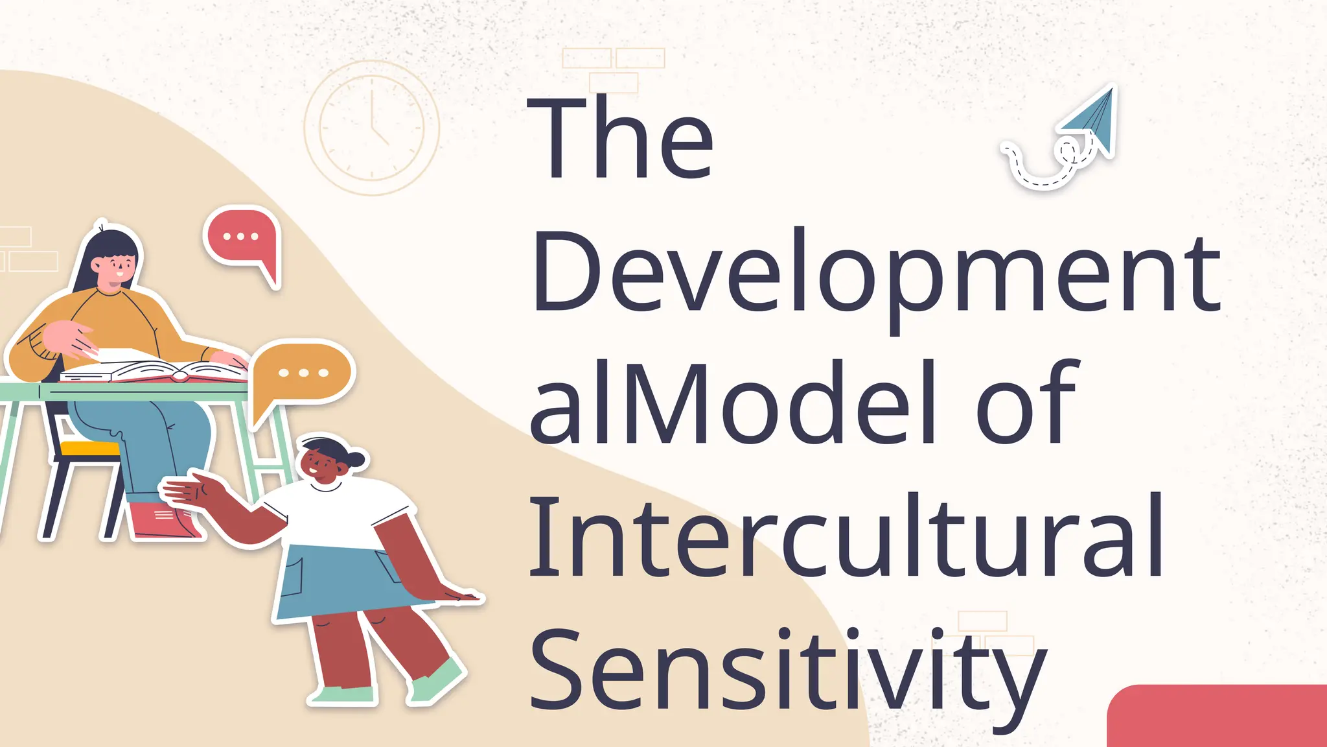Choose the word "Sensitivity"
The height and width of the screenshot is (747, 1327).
pos(788,670)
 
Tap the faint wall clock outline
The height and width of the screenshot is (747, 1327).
pos(372,128)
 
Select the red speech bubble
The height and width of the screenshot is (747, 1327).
pos(242,239)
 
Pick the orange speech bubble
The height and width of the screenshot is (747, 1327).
pos(303,375)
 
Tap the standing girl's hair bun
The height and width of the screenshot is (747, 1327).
pos(356,459)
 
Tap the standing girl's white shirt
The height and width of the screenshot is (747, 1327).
pos(337,516)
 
